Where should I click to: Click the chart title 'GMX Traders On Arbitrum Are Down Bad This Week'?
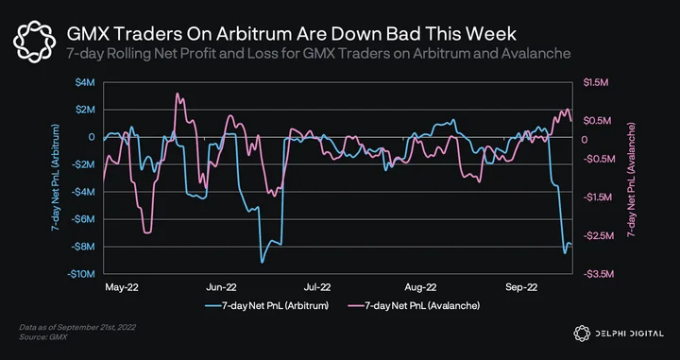[x=291, y=34]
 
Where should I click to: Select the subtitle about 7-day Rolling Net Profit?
[x=318, y=54]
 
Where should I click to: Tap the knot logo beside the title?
[x=34, y=42]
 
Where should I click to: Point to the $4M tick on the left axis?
[x=86, y=82]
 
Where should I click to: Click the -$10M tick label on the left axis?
[x=81, y=274]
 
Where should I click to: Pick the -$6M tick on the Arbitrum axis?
[x=83, y=219]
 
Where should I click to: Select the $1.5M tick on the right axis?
[x=593, y=82]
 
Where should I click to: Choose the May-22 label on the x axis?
[x=122, y=287]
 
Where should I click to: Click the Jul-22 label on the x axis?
[x=317, y=287]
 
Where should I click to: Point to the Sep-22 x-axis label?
[x=521, y=287]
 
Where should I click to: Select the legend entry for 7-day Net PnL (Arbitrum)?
[x=267, y=306]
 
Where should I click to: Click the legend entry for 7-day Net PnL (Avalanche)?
[x=414, y=306]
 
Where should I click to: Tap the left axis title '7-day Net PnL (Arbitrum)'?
[x=55, y=178]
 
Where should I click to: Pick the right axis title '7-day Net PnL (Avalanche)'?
[x=631, y=180]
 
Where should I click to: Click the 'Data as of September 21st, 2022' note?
[x=77, y=328]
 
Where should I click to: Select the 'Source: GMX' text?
[x=42, y=336]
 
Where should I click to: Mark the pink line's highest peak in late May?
[x=178, y=94]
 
